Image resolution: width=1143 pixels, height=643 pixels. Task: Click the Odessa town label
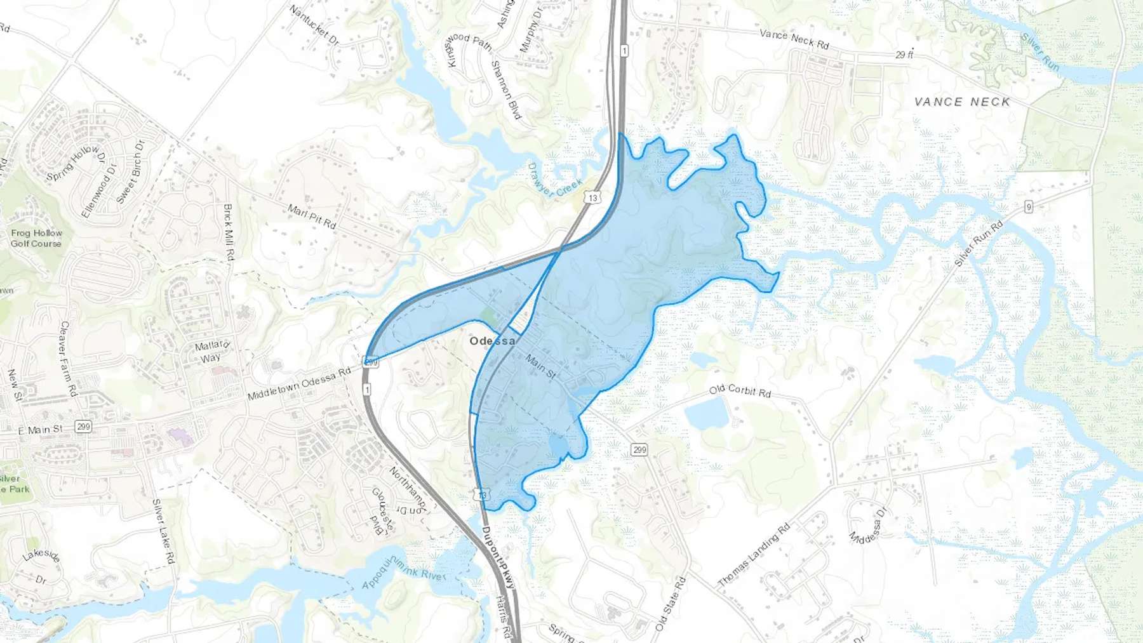click(x=492, y=341)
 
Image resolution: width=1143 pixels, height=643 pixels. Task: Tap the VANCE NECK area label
click(x=962, y=102)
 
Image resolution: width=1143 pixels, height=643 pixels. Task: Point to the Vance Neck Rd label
click(x=794, y=39)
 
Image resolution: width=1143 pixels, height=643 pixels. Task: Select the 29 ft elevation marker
click(x=904, y=55)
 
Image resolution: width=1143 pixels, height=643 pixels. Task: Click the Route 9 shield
click(x=1028, y=206)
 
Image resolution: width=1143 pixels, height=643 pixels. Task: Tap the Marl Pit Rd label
click(x=311, y=216)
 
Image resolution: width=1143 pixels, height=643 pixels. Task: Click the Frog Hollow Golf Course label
click(x=36, y=238)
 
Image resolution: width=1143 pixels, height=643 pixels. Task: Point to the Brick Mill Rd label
click(x=229, y=232)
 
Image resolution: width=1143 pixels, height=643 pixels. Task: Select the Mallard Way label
click(x=211, y=351)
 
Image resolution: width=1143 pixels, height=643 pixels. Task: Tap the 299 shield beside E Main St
click(x=83, y=427)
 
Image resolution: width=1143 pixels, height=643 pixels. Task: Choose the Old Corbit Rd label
click(x=740, y=390)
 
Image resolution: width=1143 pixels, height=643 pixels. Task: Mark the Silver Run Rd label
click(x=979, y=244)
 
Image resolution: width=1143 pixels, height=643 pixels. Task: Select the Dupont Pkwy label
click(x=497, y=558)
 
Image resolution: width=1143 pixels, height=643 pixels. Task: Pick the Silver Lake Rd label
click(x=163, y=532)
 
